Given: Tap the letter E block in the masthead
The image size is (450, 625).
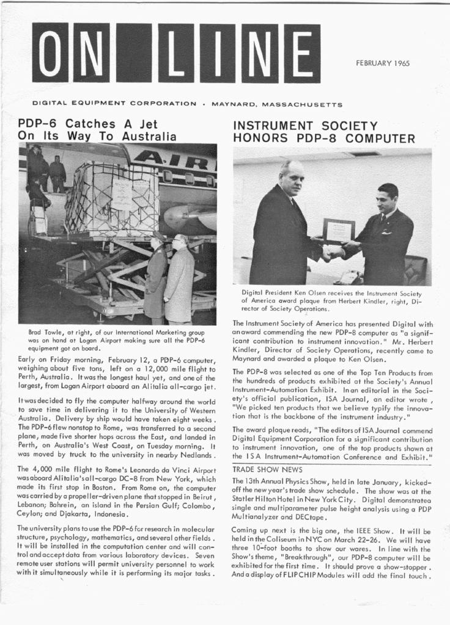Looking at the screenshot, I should tap(301, 53).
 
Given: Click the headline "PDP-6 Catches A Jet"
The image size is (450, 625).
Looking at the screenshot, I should tap(88, 123).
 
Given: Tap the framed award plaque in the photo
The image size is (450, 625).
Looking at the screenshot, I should tap(338, 231).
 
